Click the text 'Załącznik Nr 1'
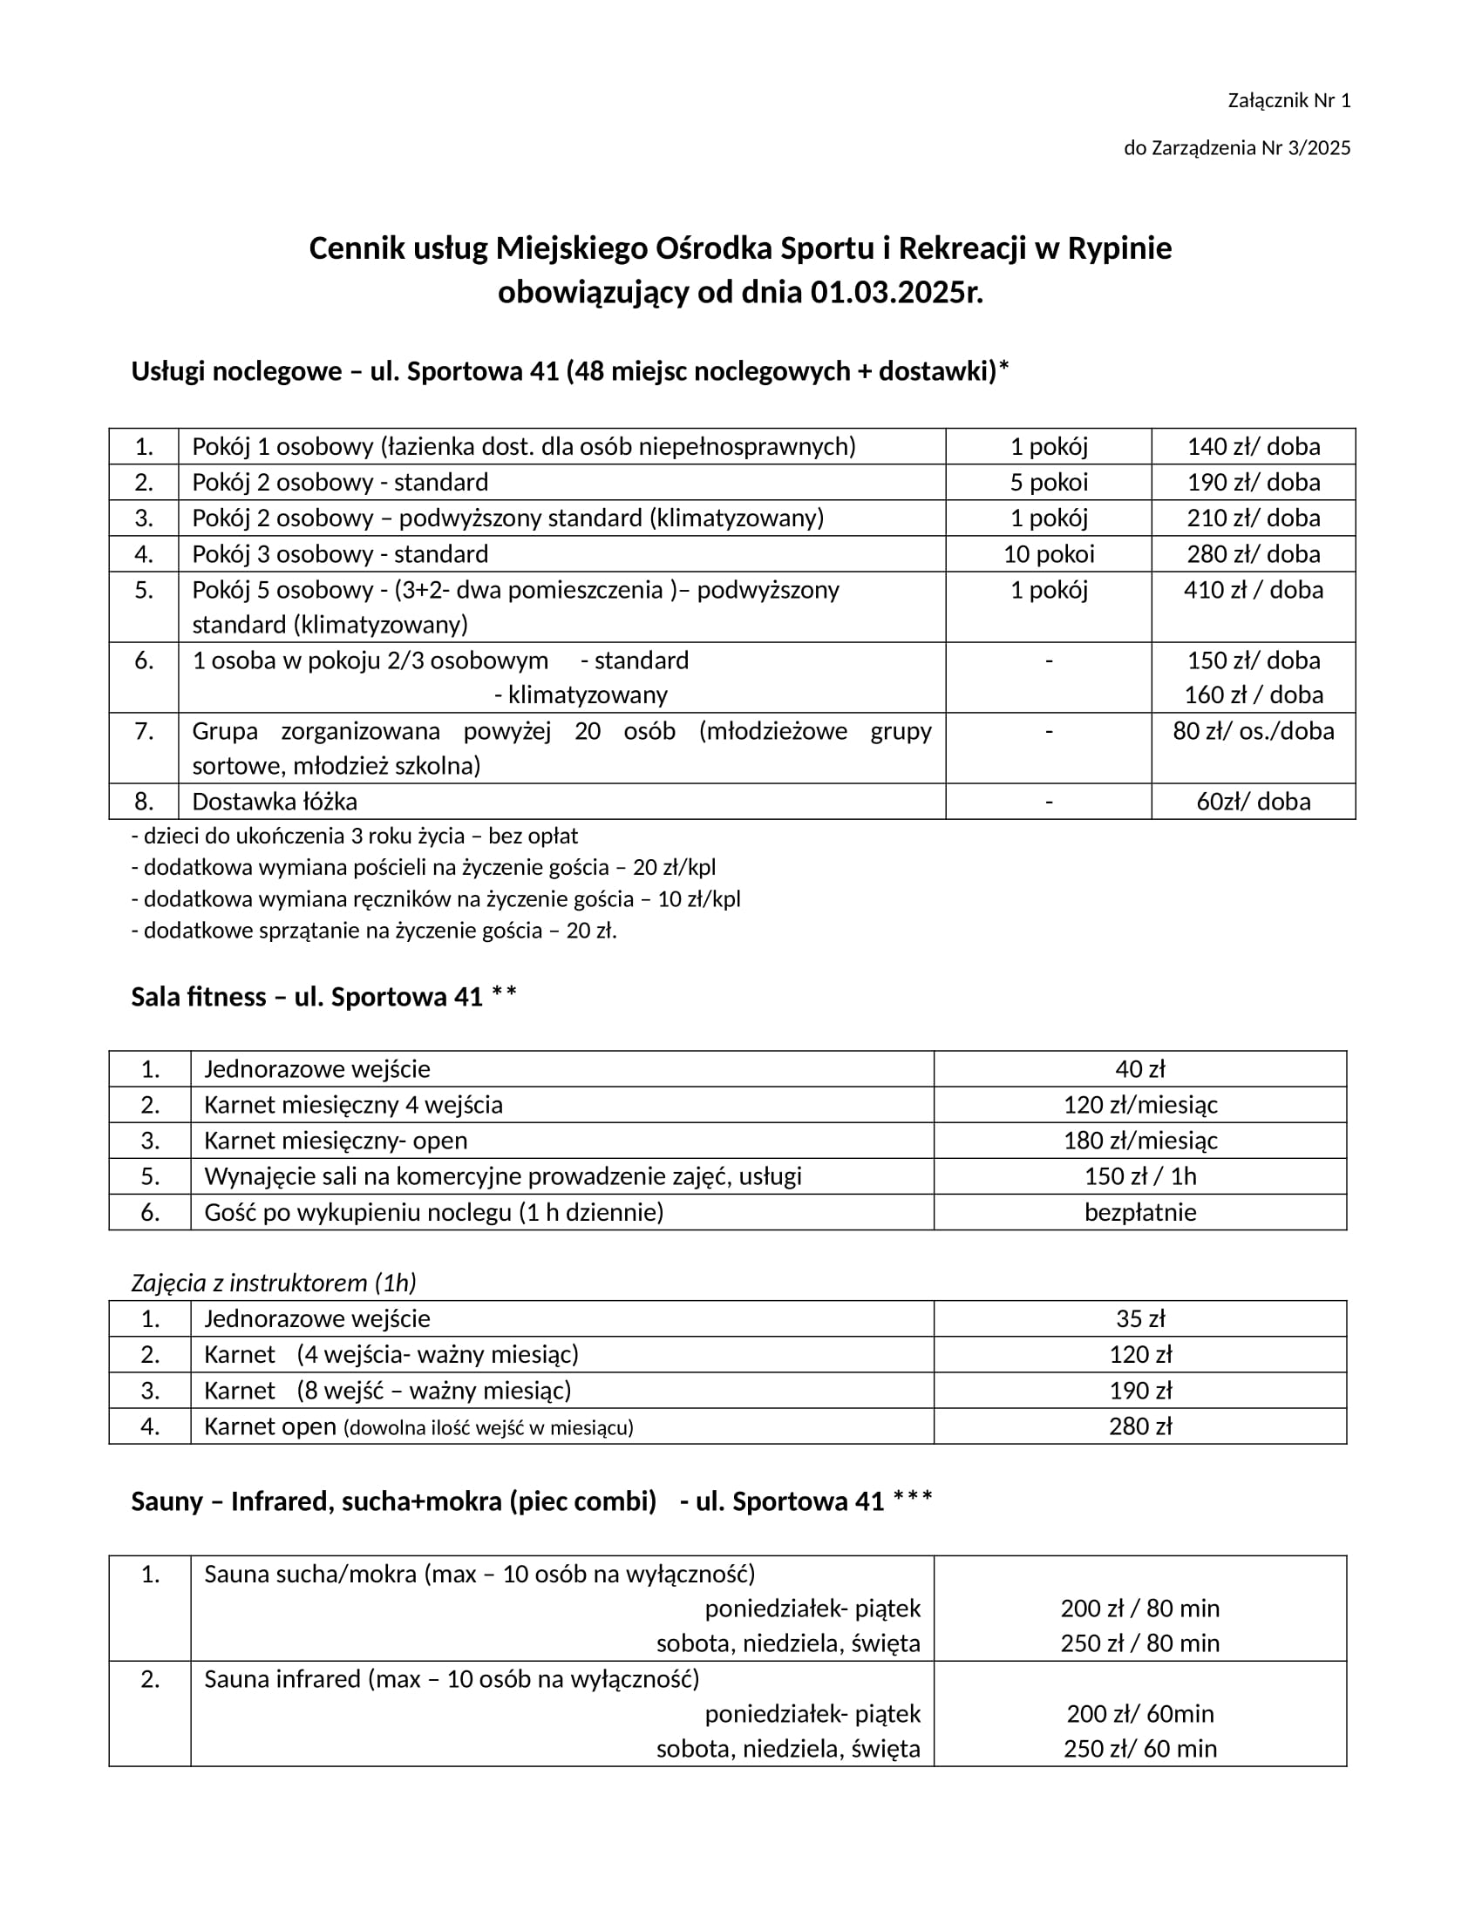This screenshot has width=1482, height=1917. point(1288,101)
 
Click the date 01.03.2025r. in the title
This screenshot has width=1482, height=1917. point(895,292)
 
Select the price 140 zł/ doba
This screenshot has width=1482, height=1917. point(1253,447)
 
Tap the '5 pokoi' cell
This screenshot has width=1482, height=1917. point(1048,483)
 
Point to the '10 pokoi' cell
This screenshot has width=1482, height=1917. point(1048,555)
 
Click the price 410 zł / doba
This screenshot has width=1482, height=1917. point(1253,590)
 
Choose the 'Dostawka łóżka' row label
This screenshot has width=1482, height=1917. point(275,803)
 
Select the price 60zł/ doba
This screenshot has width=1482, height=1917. point(1253,803)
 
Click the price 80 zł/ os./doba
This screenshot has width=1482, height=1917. point(1253,731)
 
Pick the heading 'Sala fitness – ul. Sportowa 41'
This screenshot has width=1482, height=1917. point(306,997)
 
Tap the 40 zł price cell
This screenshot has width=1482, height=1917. point(1139,1069)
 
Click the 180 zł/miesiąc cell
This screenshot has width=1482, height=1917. point(1139,1141)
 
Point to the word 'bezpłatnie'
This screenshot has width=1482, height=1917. point(1139,1213)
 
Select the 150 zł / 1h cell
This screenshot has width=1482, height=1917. point(1139,1177)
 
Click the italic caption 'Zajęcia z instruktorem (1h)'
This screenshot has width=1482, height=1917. point(274,1284)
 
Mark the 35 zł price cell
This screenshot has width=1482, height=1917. point(1139,1319)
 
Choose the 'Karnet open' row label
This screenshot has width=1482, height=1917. point(270,1427)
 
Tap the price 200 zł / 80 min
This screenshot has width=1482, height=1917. point(1139,1609)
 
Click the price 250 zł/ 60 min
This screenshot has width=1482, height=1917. point(1139,1750)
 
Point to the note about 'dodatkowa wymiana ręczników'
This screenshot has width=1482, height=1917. point(437,900)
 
